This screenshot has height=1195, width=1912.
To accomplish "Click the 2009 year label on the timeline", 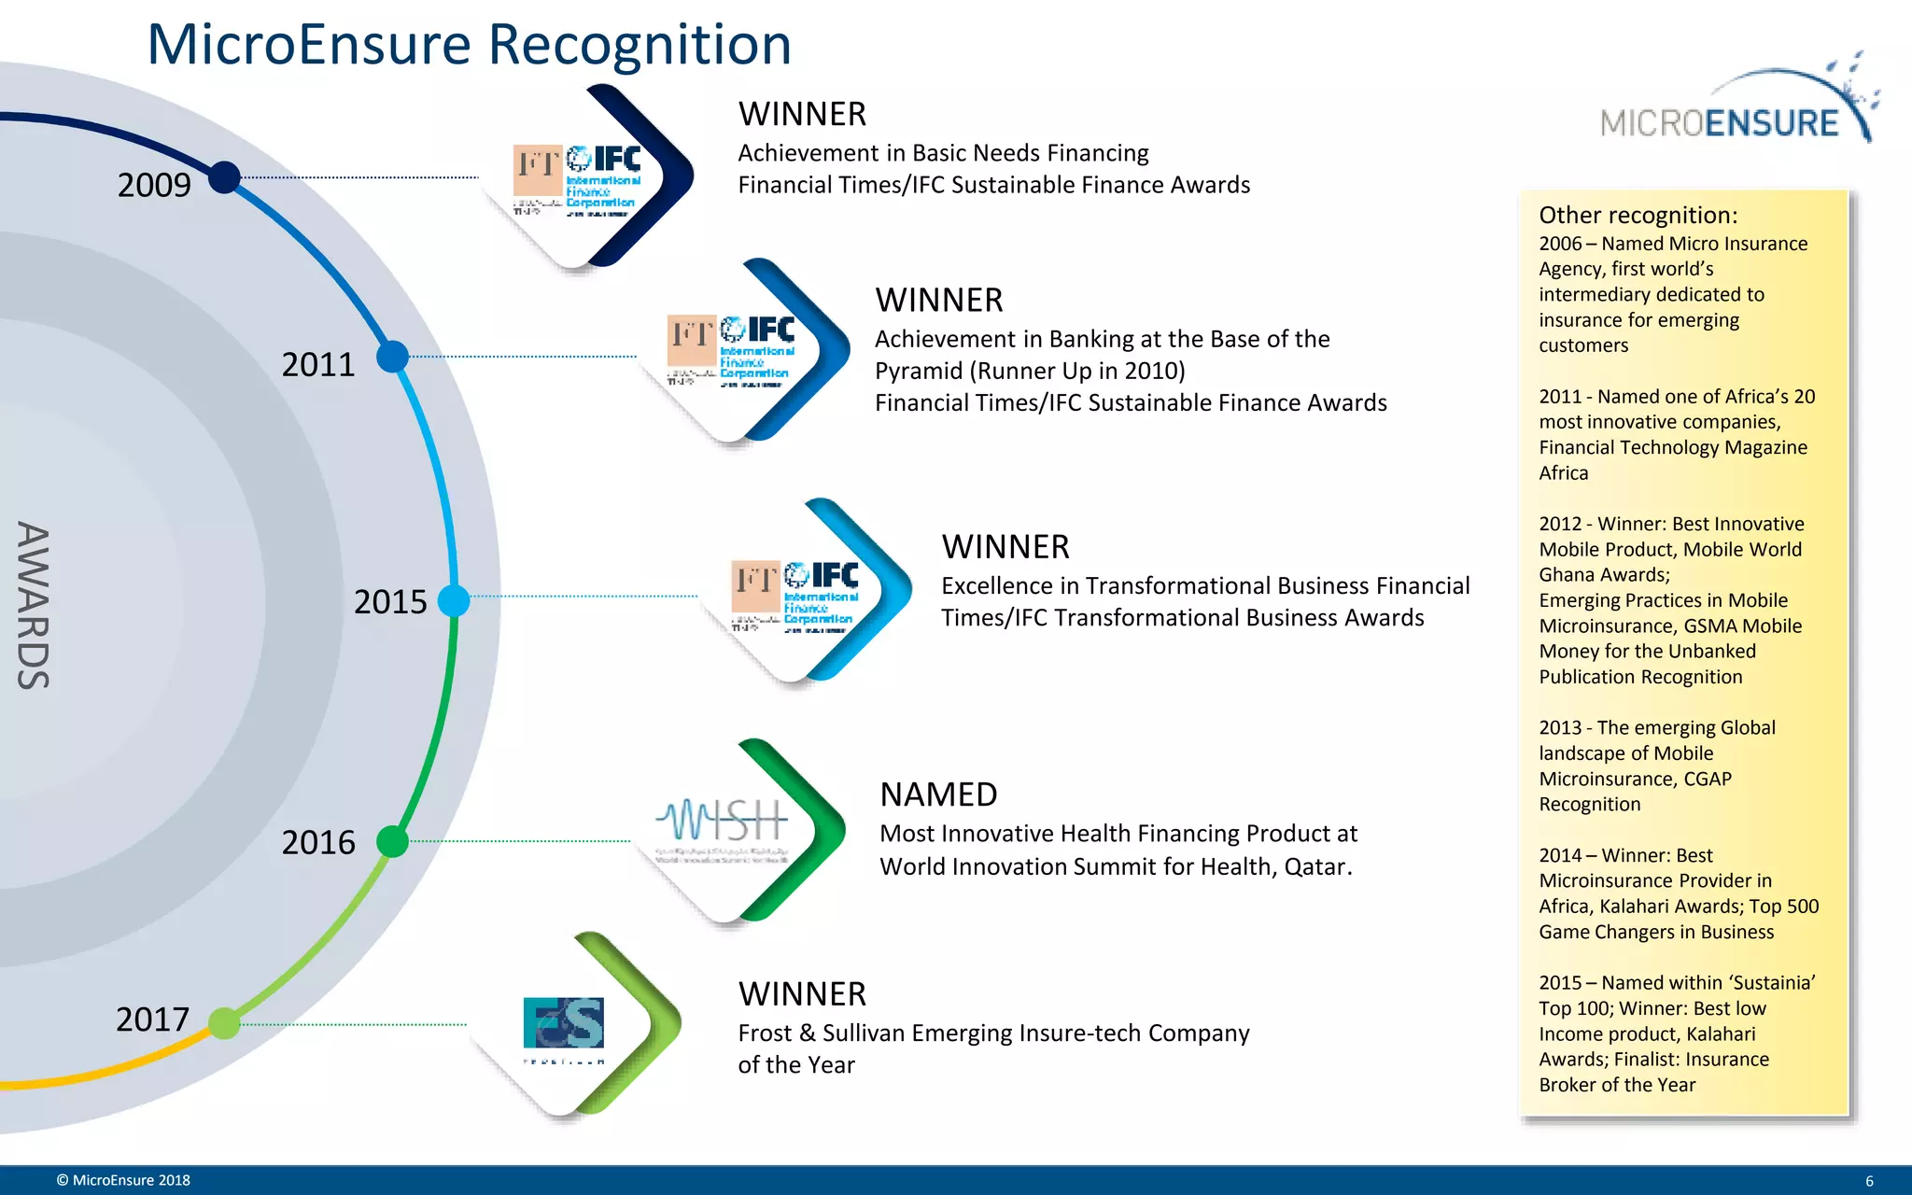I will pos(154,185).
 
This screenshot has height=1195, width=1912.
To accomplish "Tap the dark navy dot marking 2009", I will pos(224,176).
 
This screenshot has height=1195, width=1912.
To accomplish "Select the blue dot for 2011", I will pos(392,356).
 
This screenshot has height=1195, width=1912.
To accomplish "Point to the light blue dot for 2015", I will pos(454,600).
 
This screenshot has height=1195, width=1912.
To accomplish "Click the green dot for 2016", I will pos(392,841).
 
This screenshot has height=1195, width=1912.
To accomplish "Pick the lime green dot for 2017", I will pos(224,1023).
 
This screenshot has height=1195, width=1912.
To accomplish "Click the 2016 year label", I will pos(318,842).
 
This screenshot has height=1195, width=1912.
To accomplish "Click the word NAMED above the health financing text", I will pos(938,794).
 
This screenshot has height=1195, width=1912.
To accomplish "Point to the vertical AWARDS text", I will pos(34,605).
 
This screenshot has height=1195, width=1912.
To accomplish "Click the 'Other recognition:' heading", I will pos(1638,215).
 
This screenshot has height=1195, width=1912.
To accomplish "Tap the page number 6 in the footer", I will pos(1869,1181).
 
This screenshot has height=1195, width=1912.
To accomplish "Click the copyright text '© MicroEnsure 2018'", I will pos(123,1180).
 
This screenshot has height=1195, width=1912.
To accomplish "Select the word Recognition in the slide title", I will pos(640,44).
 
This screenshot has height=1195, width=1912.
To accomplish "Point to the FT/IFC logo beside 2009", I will pos(576,180).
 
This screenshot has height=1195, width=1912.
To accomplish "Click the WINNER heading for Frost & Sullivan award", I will pos(802,994).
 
